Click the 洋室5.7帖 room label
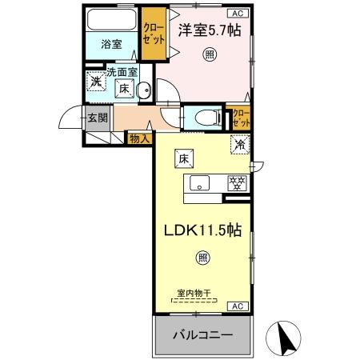(210, 31)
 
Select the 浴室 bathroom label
(112, 45)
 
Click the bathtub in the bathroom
(111, 20)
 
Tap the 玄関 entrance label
(98, 118)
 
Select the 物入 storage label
(138, 138)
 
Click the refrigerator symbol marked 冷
(238, 145)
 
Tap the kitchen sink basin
(198, 182)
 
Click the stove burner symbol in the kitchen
(236, 182)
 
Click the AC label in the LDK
(238, 306)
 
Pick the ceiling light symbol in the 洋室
(210, 55)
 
